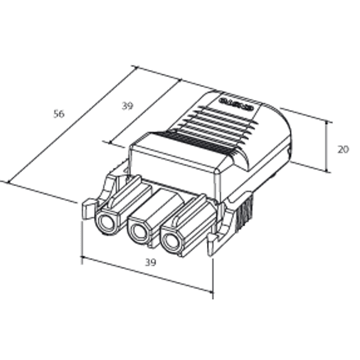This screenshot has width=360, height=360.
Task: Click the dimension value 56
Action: tap(59, 114)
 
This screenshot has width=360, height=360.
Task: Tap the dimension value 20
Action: tap(343, 149)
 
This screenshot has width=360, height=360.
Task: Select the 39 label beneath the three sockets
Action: tap(150, 262)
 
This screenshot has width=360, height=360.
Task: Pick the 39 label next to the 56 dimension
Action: tap(127, 106)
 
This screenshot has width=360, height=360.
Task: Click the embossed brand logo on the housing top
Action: tap(238, 103)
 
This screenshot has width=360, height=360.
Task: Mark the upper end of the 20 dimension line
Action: tap(328, 121)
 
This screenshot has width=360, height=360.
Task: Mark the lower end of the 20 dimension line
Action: tap(328, 171)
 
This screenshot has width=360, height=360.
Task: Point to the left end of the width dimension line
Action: tap(82, 259)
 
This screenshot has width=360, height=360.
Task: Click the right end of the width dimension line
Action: tap(212, 292)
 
